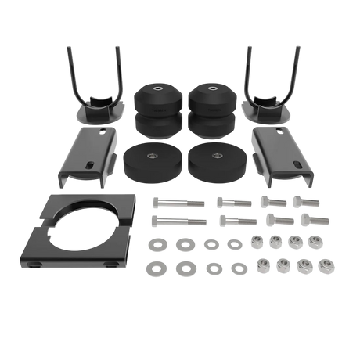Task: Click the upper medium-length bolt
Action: (235, 202)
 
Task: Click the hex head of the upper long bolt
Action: (156, 201)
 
